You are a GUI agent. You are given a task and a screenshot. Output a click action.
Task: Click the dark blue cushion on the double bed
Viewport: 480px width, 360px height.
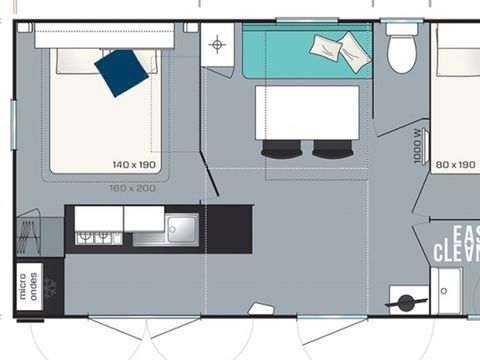121,72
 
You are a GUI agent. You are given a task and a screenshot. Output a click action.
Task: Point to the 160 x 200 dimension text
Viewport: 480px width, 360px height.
132,187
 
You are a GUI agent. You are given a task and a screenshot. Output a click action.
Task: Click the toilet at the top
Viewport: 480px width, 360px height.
402,51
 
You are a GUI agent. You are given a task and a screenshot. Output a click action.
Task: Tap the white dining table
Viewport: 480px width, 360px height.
306,112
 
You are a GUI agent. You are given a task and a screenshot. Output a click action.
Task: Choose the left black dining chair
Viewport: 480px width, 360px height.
281,149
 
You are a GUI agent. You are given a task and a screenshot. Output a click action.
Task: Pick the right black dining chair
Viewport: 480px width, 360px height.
333,149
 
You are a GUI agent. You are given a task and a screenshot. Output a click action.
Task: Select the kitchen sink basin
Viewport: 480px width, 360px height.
181,228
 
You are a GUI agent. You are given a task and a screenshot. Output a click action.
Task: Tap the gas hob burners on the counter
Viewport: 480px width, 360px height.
97,237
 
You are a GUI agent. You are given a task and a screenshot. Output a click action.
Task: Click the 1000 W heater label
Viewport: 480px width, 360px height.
418,143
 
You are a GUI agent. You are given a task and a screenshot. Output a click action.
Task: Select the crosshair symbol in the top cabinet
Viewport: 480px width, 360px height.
217,43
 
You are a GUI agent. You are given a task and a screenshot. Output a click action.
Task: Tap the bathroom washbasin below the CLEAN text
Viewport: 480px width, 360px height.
446,290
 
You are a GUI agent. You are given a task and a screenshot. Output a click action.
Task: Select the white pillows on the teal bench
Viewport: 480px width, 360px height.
340,48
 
